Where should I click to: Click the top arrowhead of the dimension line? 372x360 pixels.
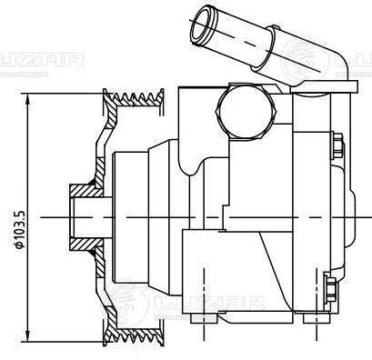point(28,99)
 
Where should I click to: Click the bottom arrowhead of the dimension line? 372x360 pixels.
point(28,335)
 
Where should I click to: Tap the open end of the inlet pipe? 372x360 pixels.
point(204,25)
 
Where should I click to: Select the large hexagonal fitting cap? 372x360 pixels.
point(246,112)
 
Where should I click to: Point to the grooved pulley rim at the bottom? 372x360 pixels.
point(134,334)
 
